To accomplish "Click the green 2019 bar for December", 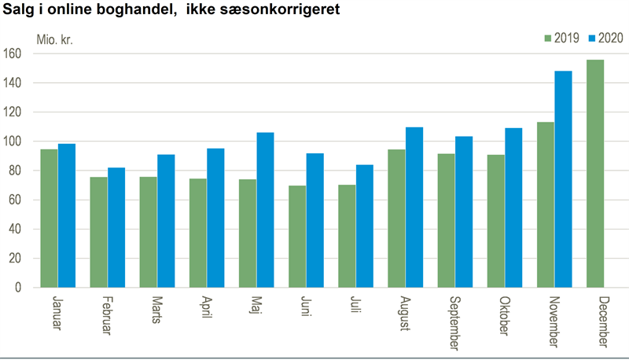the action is pyautogui.click(x=595, y=174).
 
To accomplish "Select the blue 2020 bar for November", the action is pyautogui.click(x=563, y=179).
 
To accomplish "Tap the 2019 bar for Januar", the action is pyautogui.click(x=49, y=219).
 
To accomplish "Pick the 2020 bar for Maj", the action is pyautogui.click(x=265, y=210).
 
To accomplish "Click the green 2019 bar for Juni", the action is pyautogui.click(x=297, y=237).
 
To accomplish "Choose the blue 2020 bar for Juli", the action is pyautogui.click(x=365, y=226).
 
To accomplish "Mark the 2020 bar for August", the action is pyautogui.click(x=414, y=208).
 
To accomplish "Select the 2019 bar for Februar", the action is pyautogui.click(x=99, y=232).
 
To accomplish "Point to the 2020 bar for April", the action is pyautogui.click(x=215, y=218).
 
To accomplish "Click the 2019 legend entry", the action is pyautogui.click(x=561, y=38).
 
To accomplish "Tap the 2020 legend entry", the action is pyautogui.click(x=605, y=38).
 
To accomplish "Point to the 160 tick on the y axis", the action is pyautogui.click(x=13, y=53).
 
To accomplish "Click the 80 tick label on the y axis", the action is pyautogui.click(x=15, y=171).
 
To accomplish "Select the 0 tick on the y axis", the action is pyautogui.click(x=18, y=288).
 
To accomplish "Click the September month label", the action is pyautogui.click(x=455, y=323).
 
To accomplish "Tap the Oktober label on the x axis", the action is pyautogui.click(x=505, y=316).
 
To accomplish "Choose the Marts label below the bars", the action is pyautogui.click(x=156, y=310).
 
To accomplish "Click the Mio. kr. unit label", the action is pyautogui.click(x=55, y=39).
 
